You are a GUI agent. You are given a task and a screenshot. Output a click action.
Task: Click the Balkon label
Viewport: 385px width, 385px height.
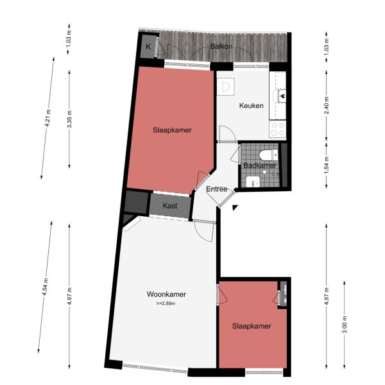click(x=221, y=47)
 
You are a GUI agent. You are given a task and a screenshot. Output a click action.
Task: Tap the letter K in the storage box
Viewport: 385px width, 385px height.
click(x=148, y=47)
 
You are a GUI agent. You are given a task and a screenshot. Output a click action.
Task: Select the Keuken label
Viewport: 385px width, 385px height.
click(x=252, y=106)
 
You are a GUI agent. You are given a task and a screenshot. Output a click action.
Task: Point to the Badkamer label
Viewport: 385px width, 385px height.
click(x=260, y=166)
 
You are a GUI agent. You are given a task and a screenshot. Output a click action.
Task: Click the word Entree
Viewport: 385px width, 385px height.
click(x=217, y=189)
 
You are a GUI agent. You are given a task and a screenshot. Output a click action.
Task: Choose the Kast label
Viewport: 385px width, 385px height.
click(x=170, y=205)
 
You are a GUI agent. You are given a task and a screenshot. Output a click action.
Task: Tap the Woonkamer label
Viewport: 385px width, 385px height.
click(x=166, y=295)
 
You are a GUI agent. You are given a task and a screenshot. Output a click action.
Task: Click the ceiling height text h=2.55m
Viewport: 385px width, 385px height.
click(x=166, y=304)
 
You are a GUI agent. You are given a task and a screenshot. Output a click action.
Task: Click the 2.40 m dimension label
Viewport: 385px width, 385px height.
click(x=327, y=104)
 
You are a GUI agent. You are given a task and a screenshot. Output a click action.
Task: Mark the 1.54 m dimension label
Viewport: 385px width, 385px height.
click(x=327, y=168)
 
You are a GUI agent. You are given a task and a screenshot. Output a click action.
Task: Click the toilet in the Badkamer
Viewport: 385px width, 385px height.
click(x=269, y=155)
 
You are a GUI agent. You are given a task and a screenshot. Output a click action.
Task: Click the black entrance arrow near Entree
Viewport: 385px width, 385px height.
click(x=236, y=207)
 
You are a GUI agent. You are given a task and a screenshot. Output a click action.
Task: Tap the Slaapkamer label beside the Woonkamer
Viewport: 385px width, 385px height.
click(x=251, y=326)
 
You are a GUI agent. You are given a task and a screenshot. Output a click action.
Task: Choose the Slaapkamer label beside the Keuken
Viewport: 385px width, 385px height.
click(x=172, y=130)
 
